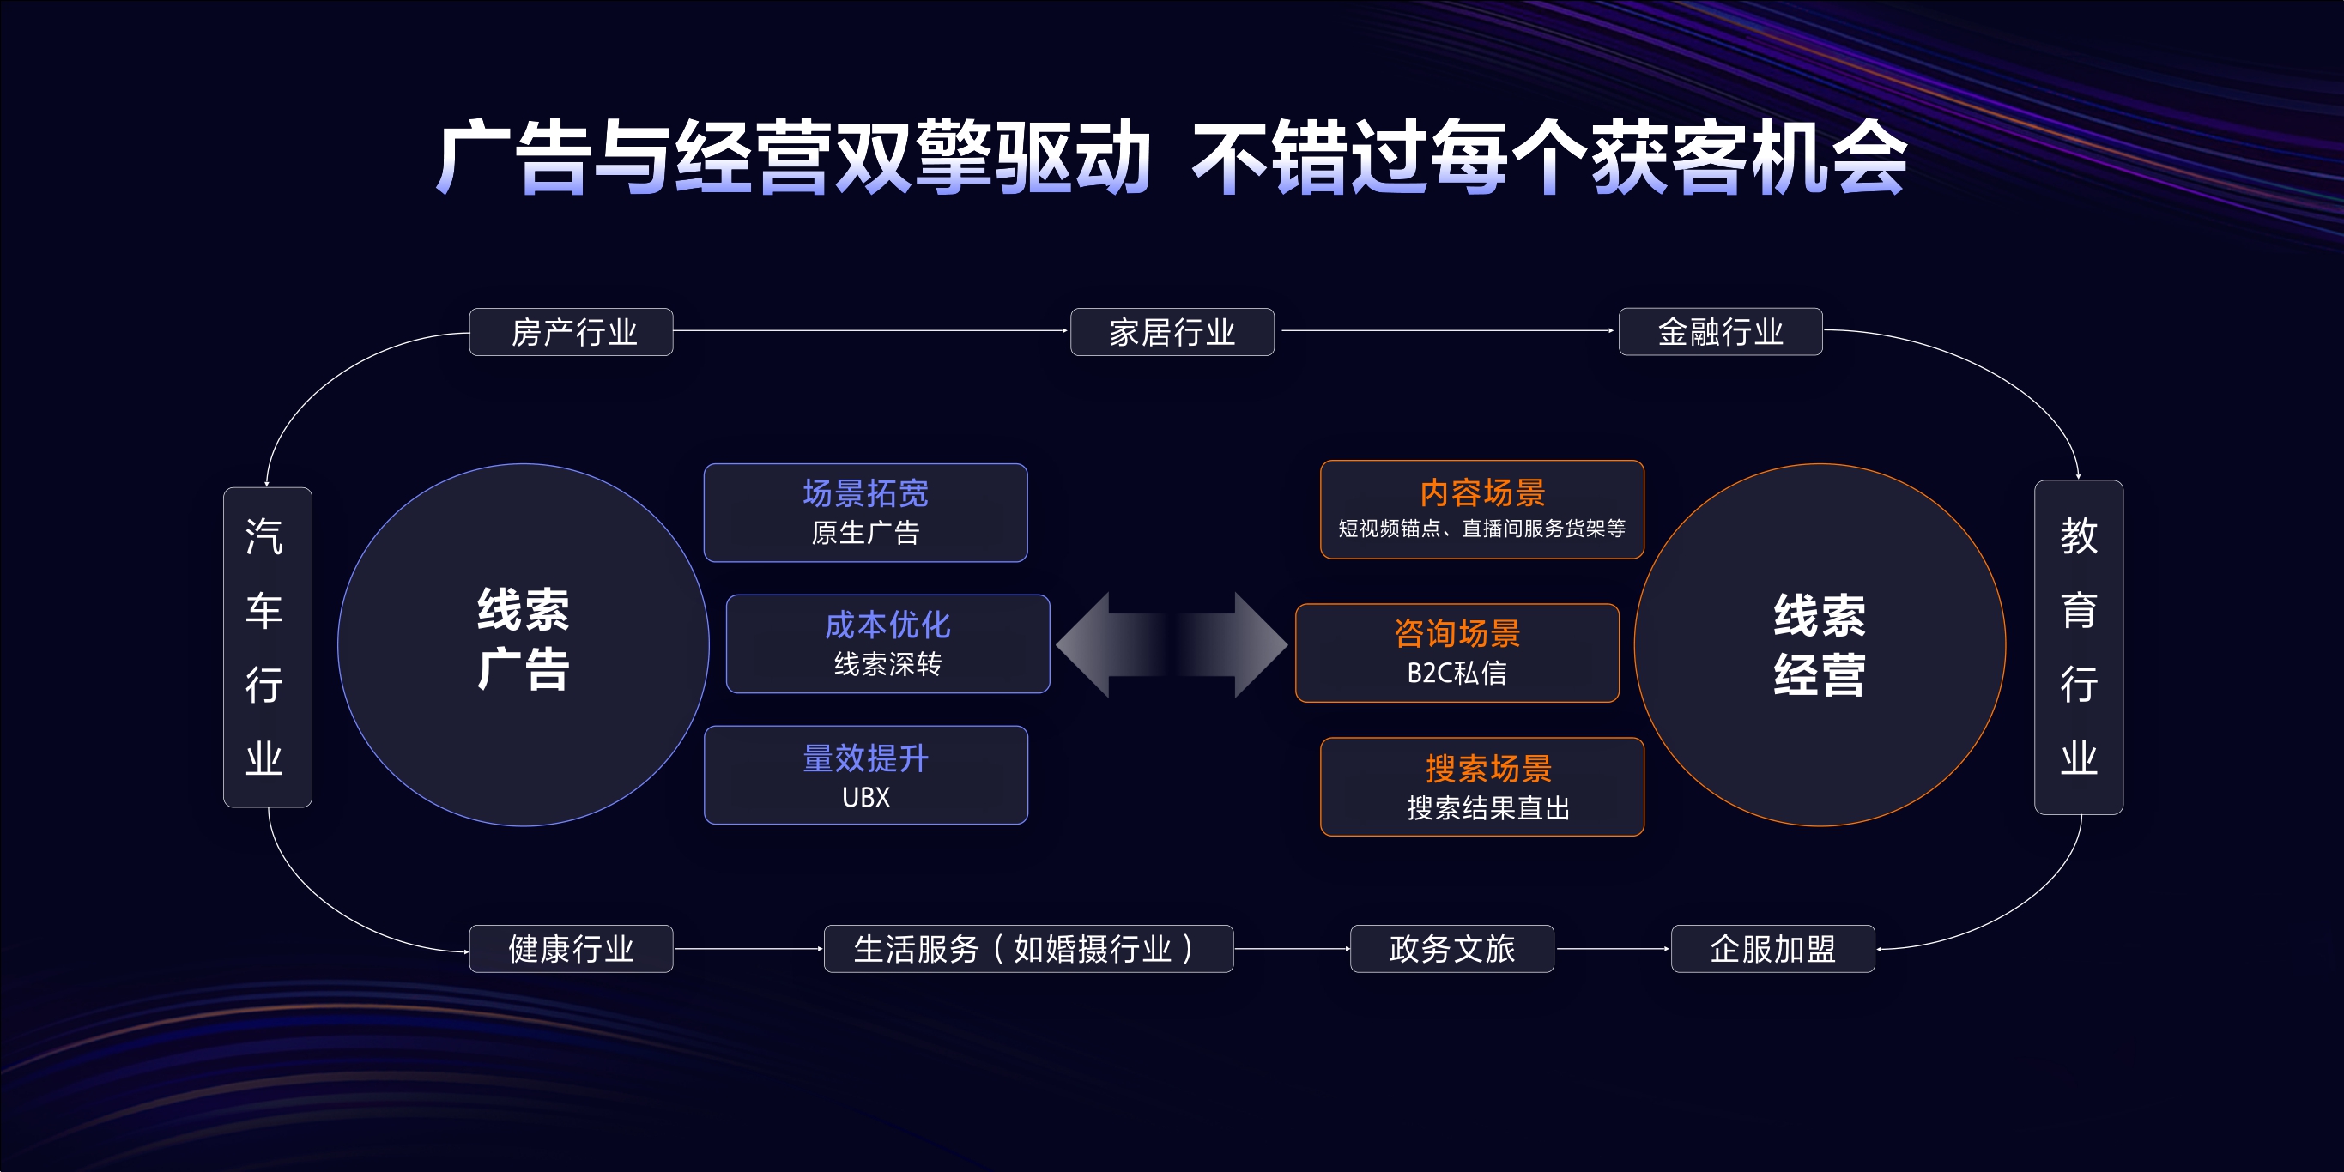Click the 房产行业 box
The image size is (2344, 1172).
(572, 332)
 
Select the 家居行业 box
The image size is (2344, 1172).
(1172, 332)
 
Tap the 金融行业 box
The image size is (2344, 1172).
(1720, 332)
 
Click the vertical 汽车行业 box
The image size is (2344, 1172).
(267, 647)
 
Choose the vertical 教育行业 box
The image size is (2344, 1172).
(2078, 647)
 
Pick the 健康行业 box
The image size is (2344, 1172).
(572, 949)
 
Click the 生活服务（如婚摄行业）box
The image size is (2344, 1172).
(1028, 949)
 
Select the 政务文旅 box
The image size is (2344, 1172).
(1451, 949)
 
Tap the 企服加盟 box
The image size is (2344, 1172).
(1772, 949)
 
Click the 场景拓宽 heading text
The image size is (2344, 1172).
(865, 493)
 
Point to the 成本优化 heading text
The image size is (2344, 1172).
(887, 625)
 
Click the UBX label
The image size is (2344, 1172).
(865, 797)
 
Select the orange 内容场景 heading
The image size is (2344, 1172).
(1482, 493)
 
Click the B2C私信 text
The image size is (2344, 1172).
(1457, 673)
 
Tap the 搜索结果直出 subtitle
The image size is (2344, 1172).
(1488, 808)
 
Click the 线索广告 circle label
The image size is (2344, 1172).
(524, 640)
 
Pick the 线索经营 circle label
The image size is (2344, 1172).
(1819, 645)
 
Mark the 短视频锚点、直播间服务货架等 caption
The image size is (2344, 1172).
(1481, 529)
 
